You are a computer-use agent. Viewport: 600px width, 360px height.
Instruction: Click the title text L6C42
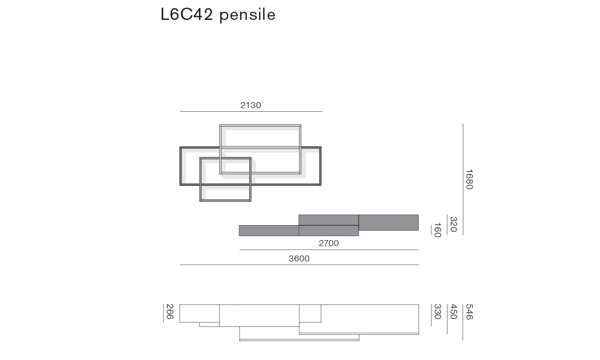187,14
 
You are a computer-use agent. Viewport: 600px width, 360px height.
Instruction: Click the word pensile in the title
247,15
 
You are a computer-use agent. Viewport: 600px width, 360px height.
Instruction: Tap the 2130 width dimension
250,105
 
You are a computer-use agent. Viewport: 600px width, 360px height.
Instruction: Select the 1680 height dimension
469,179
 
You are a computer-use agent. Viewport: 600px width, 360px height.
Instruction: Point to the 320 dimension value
453,224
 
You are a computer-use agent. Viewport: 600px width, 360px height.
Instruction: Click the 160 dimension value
437,230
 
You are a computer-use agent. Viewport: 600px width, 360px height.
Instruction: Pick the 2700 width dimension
329,243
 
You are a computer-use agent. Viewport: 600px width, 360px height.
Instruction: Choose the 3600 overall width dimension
299,259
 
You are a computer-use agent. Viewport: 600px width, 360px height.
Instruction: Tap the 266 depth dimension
170,312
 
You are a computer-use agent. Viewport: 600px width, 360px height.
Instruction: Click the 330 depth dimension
437,312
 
